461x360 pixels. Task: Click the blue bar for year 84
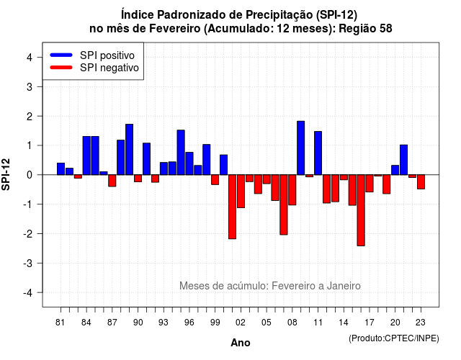coord(86,156)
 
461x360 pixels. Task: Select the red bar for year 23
coord(421,181)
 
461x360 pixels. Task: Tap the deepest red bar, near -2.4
coord(361,210)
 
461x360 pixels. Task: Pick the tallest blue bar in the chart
coord(301,148)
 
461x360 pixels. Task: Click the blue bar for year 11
coord(318,153)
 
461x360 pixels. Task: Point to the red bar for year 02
coord(241,192)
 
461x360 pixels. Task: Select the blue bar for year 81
coord(61,168)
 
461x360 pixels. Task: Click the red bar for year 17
coord(370,184)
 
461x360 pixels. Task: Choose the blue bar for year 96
coord(189,163)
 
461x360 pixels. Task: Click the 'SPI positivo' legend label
coord(107,55)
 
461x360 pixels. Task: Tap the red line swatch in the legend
coord(61,68)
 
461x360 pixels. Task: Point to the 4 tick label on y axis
coord(30,57)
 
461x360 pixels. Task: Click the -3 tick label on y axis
coord(28,263)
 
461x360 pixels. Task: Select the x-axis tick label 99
coord(215,323)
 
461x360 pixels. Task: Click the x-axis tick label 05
coord(267,323)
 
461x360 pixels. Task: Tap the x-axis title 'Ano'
coord(241,343)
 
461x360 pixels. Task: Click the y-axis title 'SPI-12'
coord(6,174)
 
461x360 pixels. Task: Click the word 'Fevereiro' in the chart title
coord(174,29)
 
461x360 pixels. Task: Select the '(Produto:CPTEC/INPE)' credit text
coord(394,338)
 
